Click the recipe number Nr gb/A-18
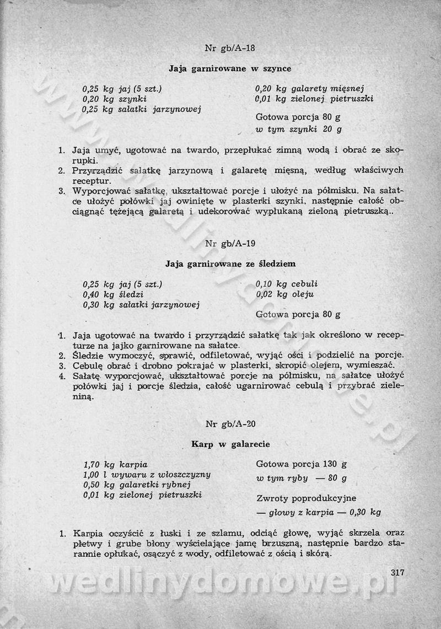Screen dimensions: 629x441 tap(230, 47)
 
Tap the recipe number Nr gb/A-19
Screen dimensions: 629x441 tap(230, 243)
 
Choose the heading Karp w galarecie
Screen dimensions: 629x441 tap(230, 444)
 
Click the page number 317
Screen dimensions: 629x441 tap(397, 572)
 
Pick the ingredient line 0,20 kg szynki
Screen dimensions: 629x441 tap(114, 99)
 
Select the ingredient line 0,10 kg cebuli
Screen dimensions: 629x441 tap(287, 284)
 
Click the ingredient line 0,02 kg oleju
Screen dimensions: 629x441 tap(284, 294)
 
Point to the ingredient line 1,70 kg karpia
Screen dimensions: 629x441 tap(115, 465)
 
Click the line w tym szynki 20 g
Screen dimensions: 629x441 tap(298, 130)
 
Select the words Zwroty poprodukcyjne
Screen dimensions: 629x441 tap(306, 498)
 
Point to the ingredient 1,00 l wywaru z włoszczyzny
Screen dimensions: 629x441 tap(147, 475)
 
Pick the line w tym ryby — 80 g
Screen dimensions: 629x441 tap(301, 478)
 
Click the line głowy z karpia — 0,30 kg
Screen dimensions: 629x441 tap(319, 512)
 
